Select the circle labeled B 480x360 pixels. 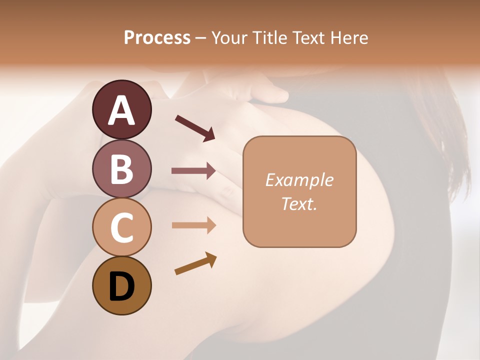[x=121, y=169]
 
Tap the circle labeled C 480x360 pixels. [x=121, y=227]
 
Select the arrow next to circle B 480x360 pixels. [x=193, y=171]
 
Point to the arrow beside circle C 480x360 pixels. [x=193, y=225]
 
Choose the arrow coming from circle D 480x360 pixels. [x=195, y=263]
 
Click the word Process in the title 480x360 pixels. [x=157, y=38]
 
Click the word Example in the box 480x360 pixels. [x=299, y=180]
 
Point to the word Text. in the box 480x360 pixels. [x=299, y=203]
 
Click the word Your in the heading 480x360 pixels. [x=227, y=38]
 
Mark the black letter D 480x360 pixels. [x=121, y=287]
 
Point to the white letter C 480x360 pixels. [x=121, y=227]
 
